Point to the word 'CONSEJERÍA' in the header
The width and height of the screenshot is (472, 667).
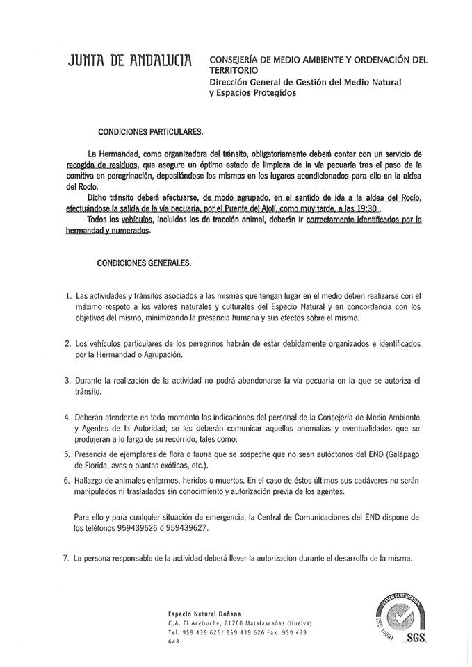coord(234,59)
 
